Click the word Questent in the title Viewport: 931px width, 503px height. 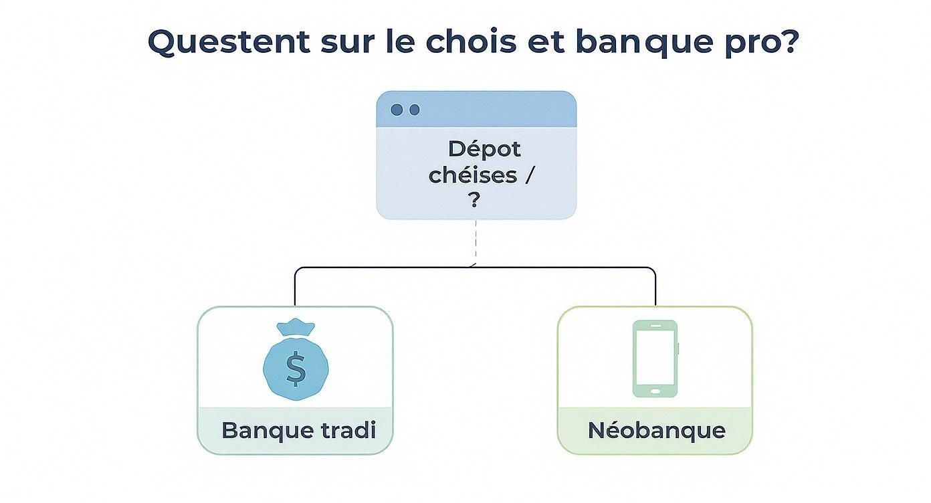click(229, 41)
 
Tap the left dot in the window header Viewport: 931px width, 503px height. click(397, 110)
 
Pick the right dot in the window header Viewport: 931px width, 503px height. click(414, 110)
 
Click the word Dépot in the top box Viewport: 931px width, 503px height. click(484, 148)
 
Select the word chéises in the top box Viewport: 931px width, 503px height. click(473, 175)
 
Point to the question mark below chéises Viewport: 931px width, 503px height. click(475, 201)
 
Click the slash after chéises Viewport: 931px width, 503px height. click(530, 175)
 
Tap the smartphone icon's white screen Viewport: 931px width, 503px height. click(655, 357)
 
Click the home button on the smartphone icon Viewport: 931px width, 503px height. click(655, 391)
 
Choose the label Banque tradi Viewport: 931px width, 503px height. click(298, 430)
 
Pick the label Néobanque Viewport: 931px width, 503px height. click(656, 430)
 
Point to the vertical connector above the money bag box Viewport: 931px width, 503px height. click(295, 288)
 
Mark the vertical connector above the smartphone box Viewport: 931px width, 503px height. click(655, 288)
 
